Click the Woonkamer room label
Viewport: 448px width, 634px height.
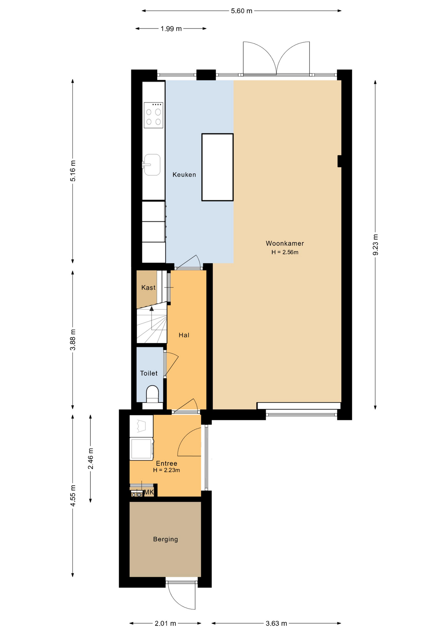tap(285, 243)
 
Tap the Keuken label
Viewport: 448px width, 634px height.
tap(184, 175)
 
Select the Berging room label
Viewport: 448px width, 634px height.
tap(165, 539)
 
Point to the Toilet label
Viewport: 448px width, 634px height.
tap(149, 373)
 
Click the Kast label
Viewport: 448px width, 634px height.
tap(148, 288)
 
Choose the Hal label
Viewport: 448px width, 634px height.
tap(184, 335)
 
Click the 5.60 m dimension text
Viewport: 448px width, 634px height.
tap(241, 11)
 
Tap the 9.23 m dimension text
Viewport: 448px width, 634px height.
tap(375, 245)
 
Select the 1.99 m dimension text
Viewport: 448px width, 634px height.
tap(171, 29)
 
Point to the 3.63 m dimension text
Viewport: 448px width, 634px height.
tap(276, 623)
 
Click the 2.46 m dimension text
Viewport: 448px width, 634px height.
tap(90, 459)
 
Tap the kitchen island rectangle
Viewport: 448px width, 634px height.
tap(217, 167)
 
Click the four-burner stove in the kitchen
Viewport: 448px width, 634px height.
tap(153, 115)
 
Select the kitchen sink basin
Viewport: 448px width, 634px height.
tap(152, 164)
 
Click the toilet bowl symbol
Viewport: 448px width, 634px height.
tap(152, 394)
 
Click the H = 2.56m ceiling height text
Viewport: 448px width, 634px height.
tap(285, 252)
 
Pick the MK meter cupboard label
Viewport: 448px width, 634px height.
tap(149, 492)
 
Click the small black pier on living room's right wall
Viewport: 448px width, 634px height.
tap(339, 161)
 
